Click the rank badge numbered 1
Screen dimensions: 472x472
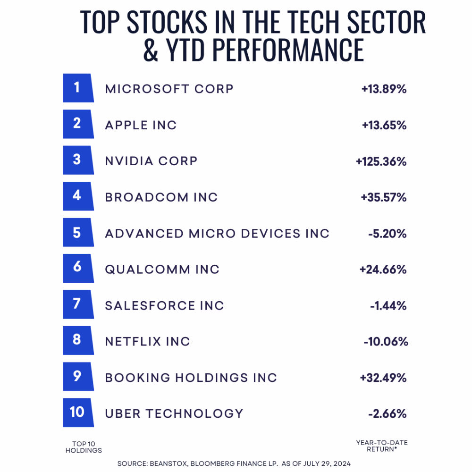pyautogui.click(x=77, y=88)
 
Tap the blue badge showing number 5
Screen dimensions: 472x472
pyautogui.click(x=77, y=233)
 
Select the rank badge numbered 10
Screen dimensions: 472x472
pyautogui.click(x=77, y=413)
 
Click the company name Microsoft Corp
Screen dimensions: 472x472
pyautogui.click(x=169, y=89)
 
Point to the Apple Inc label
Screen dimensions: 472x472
pyautogui.click(x=141, y=125)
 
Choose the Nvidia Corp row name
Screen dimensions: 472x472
pyautogui.click(x=151, y=161)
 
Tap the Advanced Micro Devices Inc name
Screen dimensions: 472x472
pyautogui.click(x=217, y=234)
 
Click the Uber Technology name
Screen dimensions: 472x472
pyautogui.click(x=174, y=413)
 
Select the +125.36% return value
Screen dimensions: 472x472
pyautogui.click(x=381, y=161)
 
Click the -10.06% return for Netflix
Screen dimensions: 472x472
pyautogui.click(x=386, y=342)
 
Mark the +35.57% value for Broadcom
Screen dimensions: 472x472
pyautogui.click(x=384, y=197)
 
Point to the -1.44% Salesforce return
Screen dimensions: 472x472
pyautogui.click(x=388, y=306)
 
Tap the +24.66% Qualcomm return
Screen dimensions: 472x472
pyautogui.click(x=383, y=270)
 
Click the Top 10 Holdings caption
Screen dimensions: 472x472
pyautogui.click(x=84, y=447)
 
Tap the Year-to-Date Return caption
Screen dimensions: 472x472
pyautogui.click(x=382, y=445)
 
